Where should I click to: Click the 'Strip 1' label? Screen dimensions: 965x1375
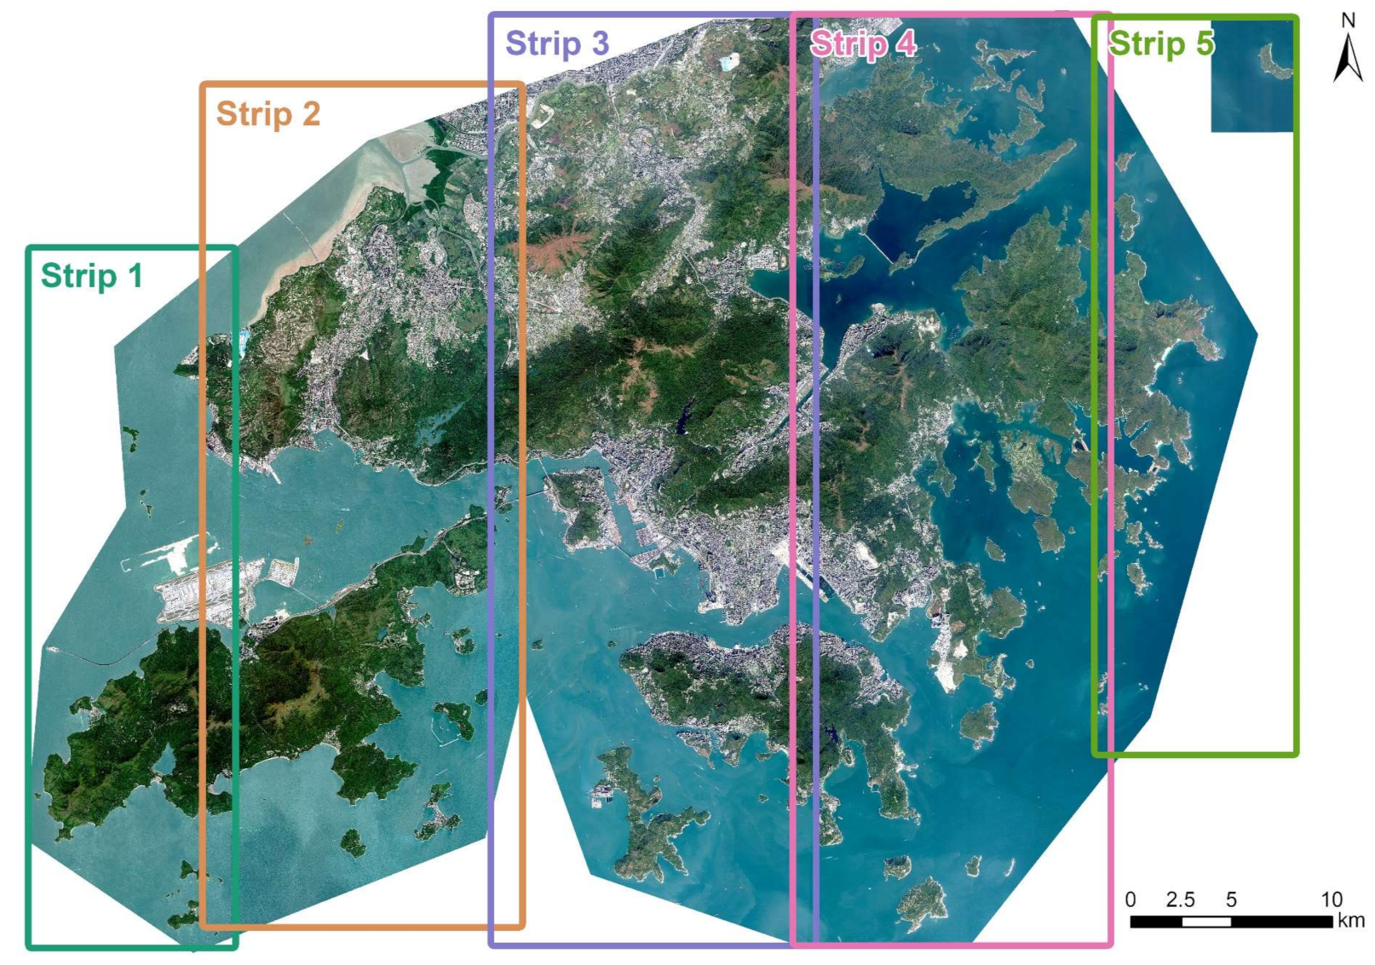[91, 276]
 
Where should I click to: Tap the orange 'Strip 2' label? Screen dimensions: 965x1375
[268, 113]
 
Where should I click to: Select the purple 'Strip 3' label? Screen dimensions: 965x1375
[557, 43]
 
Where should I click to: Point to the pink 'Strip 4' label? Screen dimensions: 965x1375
[862, 43]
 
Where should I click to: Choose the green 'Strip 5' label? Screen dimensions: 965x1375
[1160, 43]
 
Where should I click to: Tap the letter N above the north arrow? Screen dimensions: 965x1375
[1348, 20]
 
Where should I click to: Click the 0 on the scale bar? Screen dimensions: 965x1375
[1130, 899]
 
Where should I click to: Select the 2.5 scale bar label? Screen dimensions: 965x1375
[1180, 899]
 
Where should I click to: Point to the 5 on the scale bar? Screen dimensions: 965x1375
[1231, 899]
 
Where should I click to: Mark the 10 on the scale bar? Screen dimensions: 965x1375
[1331, 899]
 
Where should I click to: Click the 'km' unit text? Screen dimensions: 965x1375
[1351, 921]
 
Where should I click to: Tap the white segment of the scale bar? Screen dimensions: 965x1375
[1205, 922]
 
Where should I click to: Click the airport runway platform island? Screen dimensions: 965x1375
[200, 588]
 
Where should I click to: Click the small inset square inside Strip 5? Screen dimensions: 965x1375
[1251, 77]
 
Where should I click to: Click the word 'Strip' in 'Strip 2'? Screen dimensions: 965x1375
[252, 113]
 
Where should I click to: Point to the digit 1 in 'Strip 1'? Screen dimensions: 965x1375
[134, 276]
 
